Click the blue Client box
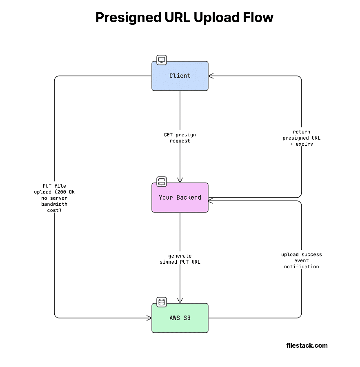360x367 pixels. [x=180, y=76]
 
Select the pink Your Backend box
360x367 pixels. [x=180, y=198]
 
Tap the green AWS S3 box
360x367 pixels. [x=180, y=318]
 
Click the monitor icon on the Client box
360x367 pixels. [x=162, y=60]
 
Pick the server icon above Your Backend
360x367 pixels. [x=162, y=181]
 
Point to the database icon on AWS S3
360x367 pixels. [x=162, y=302]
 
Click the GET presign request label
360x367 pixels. [x=180, y=138]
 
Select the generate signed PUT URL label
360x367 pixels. [x=180, y=259]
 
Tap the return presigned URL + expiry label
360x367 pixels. [x=301, y=138]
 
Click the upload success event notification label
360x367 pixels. [x=301, y=260]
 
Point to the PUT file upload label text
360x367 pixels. [x=54, y=198]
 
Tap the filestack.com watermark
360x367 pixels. [x=307, y=345]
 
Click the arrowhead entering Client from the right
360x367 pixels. [x=211, y=76]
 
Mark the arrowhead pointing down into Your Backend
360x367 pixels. [x=180, y=180]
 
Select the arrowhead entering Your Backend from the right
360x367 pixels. [x=211, y=200]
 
